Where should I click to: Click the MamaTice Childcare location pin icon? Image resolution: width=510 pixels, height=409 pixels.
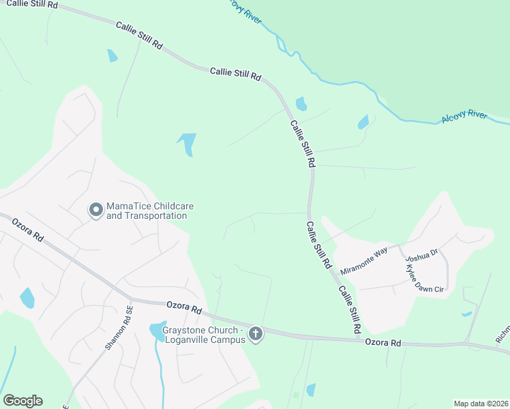pyautogui.click(x=96, y=211)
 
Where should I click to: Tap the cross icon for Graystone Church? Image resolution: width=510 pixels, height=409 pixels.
pyautogui.click(x=256, y=334)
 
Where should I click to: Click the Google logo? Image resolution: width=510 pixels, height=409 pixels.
pyautogui.click(x=22, y=400)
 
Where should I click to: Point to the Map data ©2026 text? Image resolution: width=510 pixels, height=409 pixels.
pyautogui.click(x=480, y=404)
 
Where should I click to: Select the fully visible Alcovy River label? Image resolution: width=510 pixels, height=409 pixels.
pyautogui.click(x=464, y=117)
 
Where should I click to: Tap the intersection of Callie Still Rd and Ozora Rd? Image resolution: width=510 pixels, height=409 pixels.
pyautogui.click(x=359, y=338)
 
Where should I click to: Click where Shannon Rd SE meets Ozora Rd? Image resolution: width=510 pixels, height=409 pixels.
pyautogui.click(x=131, y=299)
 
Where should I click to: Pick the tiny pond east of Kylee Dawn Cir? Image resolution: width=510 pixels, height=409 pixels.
pyautogui.click(x=466, y=314)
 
